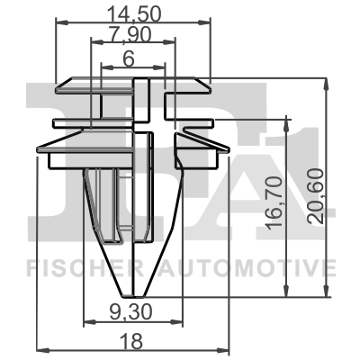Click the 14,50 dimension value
coord(133,14)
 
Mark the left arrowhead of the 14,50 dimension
coord(59,24)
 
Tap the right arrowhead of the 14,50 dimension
coord(207,24)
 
